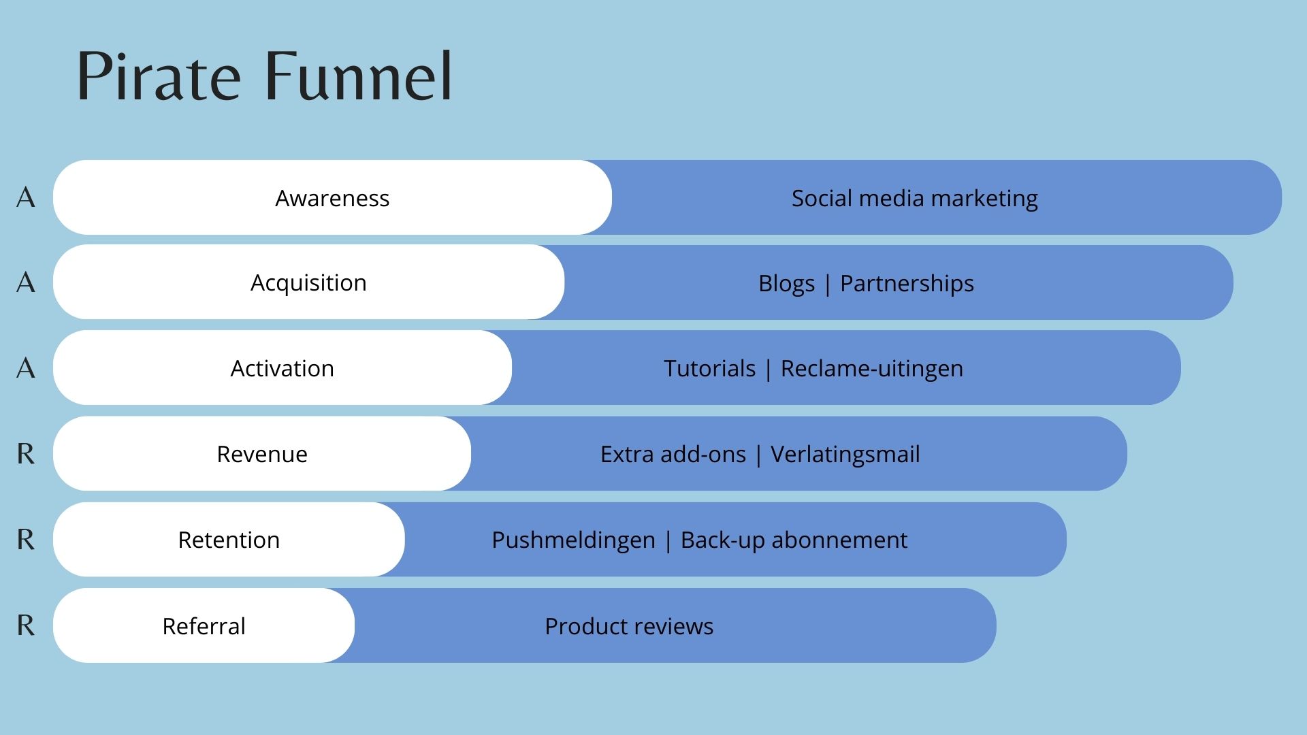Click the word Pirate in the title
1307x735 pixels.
tap(158, 76)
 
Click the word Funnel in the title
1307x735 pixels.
tap(358, 76)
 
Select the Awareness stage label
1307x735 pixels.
tap(332, 198)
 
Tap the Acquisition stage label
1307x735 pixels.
tap(308, 282)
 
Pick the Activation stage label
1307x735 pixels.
tap(282, 368)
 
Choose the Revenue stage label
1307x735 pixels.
tap(262, 454)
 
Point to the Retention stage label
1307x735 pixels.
tap(229, 540)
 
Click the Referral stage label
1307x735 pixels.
tap(204, 626)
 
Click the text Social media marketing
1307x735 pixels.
tap(914, 198)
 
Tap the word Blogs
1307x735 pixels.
tap(786, 283)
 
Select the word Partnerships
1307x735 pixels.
tap(907, 283)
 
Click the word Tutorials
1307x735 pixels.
tap(709, 368)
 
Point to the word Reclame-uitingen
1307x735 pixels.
tap(871, 368)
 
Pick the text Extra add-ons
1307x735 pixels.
tap(673, 454)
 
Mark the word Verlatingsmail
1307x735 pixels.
tap(845, 454)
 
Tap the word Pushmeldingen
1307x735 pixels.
tap(573, 540)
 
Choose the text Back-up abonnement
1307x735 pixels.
tap(794, 540)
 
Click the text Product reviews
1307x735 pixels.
tap(629, 626)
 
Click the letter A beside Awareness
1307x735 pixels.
tap(26, 197)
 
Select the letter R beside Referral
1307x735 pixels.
tap(26, 625)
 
